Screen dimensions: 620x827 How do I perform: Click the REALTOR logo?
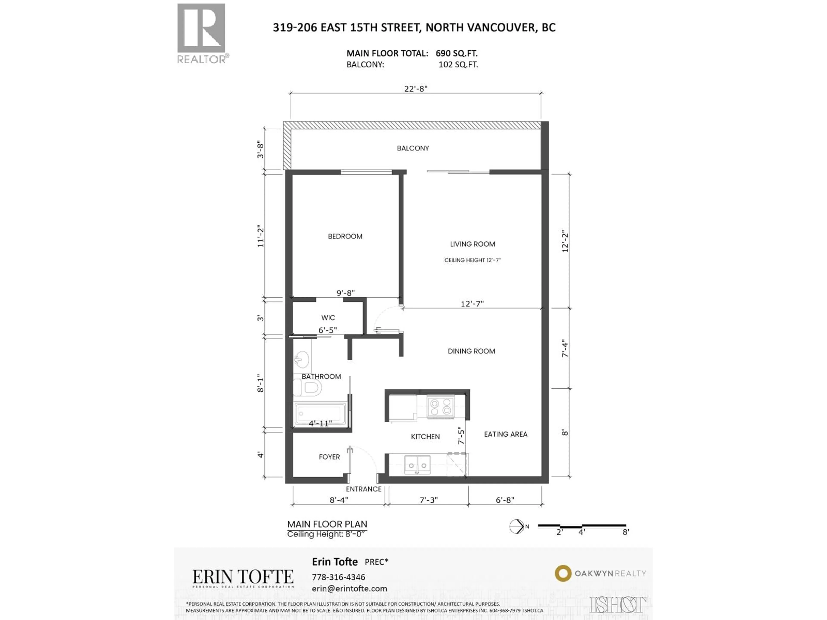tap(201, 33)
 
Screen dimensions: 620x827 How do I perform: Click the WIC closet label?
tap(328, 318)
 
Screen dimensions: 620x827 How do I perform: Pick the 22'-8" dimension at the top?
tap(415, 88)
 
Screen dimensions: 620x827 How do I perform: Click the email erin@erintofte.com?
tap(349, 589)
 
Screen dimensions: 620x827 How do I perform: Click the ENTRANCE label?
tap(363, 489)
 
